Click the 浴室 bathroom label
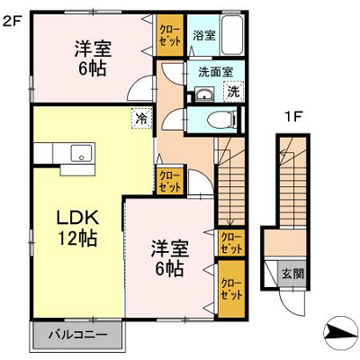(204, 36)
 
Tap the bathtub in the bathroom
(232, 35)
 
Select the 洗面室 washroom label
(216, 72)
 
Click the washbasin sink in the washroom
(204, 94)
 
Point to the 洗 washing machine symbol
(233, 92)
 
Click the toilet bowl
(221, 120)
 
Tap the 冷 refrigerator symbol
(141, 118)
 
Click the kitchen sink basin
(81, 153)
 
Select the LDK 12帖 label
(77, 229)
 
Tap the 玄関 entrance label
(292, 274)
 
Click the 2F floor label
(13, 21)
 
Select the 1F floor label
(292, 118)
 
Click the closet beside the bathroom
(169, 35)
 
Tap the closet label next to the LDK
(170, 181)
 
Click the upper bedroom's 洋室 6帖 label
(93, 58)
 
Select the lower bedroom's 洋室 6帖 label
(169, 258)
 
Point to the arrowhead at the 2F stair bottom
(230, 222)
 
